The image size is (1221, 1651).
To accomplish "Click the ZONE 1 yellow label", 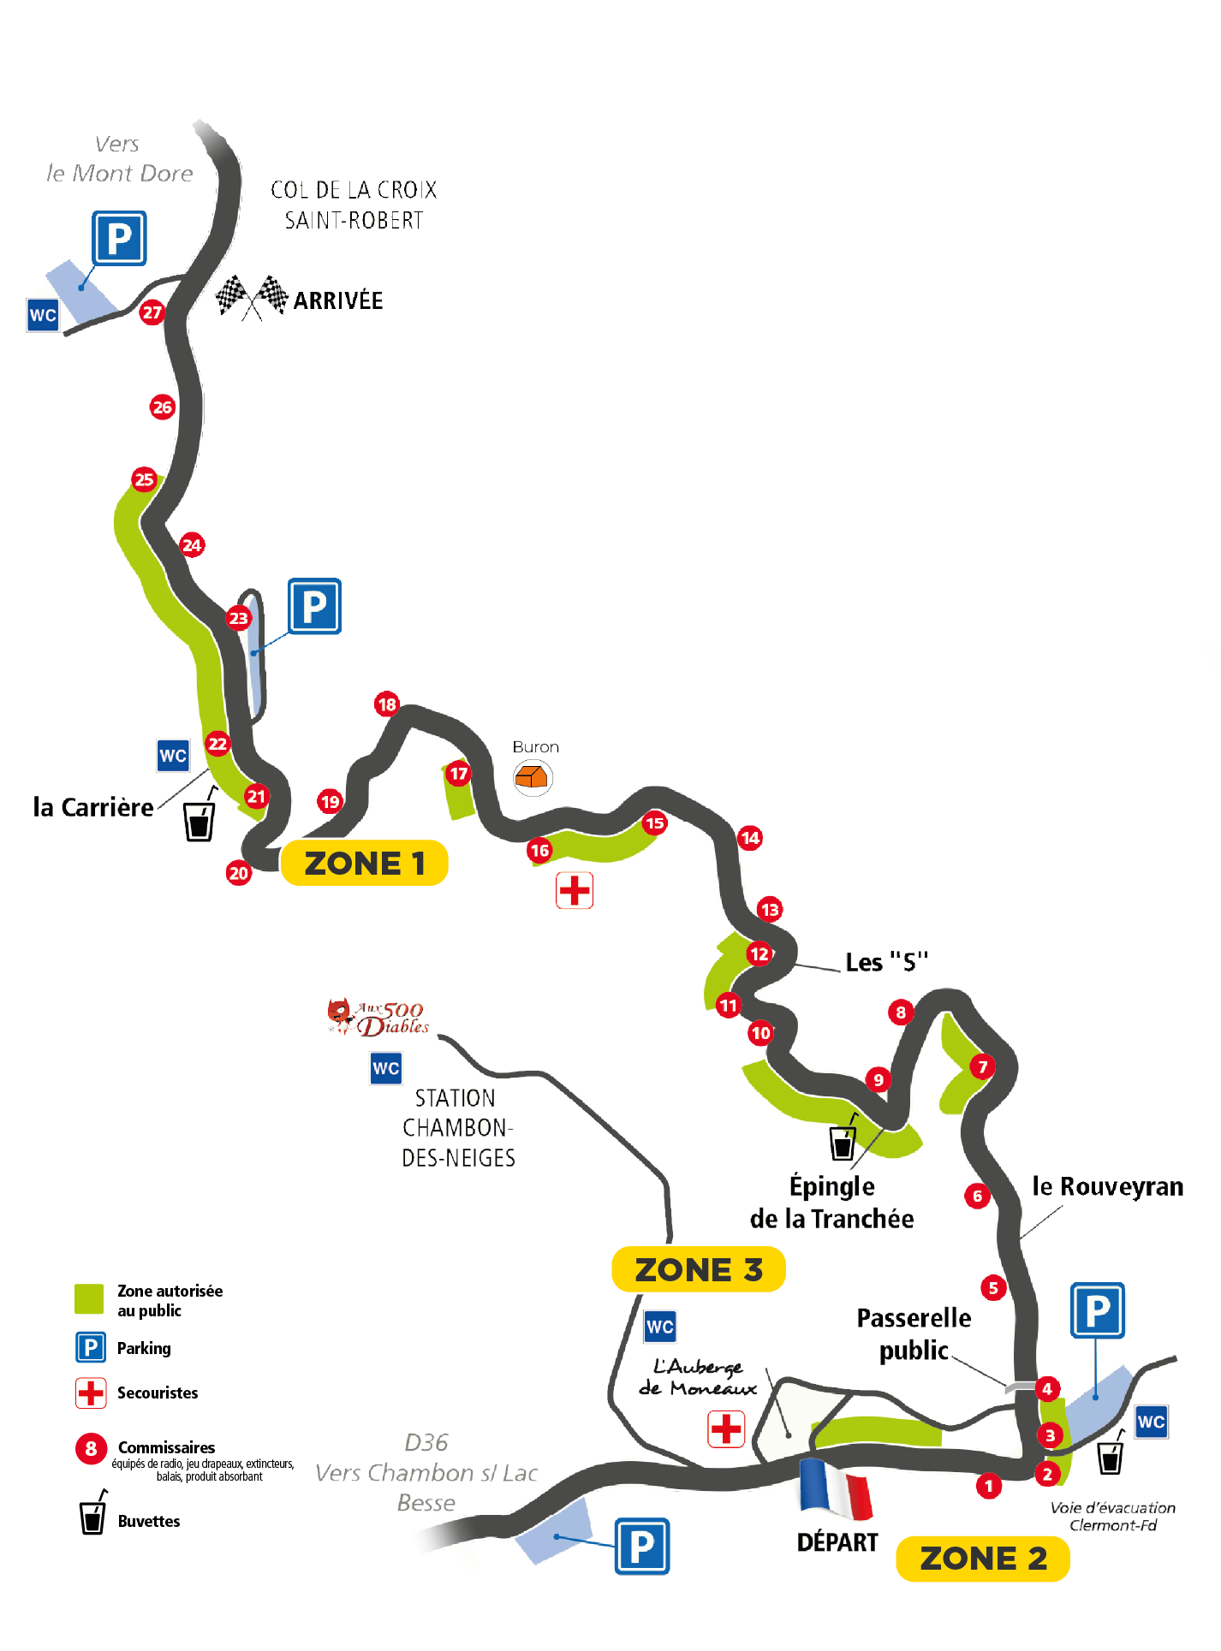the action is tap(364, 863).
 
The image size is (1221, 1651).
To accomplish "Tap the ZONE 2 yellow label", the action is tap(983, 1559).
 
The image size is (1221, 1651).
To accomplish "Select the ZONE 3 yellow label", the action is tap(699, 1269).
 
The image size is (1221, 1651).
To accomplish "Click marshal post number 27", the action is tap(152, 312).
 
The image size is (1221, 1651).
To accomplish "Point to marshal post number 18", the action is tap(387, 704).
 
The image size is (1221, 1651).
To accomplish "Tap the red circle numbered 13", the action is tap(770, 910).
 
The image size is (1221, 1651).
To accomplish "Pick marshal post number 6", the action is tap(977, 1197).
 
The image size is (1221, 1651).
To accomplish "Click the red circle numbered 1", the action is tap(989, 1486).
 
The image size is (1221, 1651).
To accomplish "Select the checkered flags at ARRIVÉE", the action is tap(252, 298).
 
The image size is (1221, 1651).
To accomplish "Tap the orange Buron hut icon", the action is tap(533, 777).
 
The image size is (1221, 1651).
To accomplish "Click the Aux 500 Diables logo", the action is tap(378, 1018).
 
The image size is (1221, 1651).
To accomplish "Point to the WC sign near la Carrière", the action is tap(173, 756).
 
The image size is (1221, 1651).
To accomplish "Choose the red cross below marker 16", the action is tap(575, 890).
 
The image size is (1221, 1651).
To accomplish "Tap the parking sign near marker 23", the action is tap(314, 606).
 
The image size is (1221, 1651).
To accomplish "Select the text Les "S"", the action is tap(886, 961).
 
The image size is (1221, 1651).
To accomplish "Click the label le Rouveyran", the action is tap(1108, 1186).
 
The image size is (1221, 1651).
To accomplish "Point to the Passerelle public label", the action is tap(914, 1333).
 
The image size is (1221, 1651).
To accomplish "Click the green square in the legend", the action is tap(89, 1298).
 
